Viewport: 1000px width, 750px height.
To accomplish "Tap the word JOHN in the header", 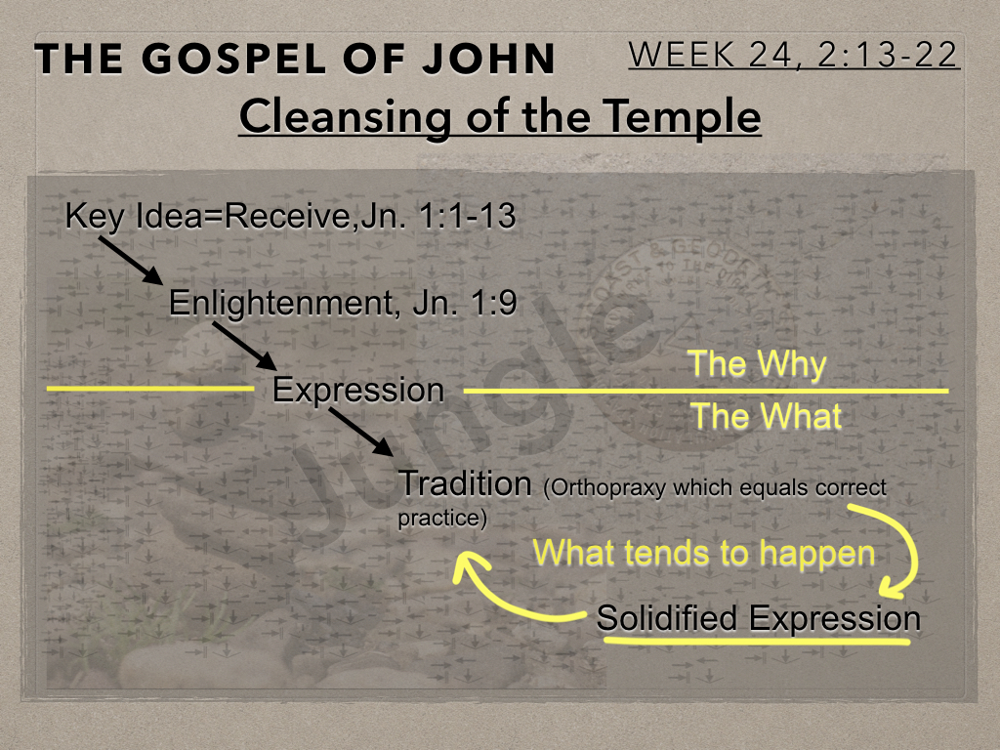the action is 488,59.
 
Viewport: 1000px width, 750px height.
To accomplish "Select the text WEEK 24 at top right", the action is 711,55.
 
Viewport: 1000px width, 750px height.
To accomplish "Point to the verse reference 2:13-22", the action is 887,55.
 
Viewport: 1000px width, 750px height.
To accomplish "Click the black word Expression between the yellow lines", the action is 357,391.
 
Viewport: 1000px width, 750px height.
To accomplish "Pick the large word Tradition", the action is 464,483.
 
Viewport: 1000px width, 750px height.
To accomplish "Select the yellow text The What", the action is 767,416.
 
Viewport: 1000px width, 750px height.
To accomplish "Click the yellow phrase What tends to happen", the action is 703,553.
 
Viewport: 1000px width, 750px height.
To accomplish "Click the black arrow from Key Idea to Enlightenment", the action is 131,261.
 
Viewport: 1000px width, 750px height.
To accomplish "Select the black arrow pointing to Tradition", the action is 361,433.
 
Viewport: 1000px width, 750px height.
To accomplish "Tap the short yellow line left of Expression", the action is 150,388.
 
